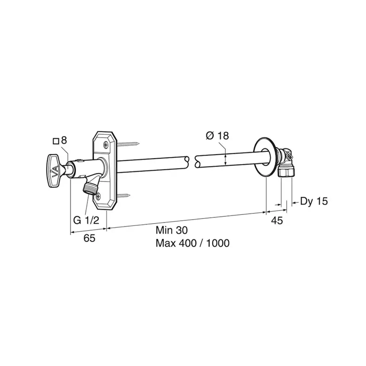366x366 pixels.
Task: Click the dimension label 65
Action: (90, 238)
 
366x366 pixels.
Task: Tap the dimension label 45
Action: (277, 220)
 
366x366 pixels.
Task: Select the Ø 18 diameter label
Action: (217, 136)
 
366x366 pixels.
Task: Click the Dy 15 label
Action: (314, 201)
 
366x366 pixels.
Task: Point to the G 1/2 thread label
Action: (86, 220)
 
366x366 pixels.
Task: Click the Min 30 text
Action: (172, 230)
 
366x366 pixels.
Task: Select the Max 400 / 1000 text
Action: (193, 243)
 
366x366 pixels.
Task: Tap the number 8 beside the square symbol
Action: (64, 140)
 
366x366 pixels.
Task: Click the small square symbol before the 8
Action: (56, 141)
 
